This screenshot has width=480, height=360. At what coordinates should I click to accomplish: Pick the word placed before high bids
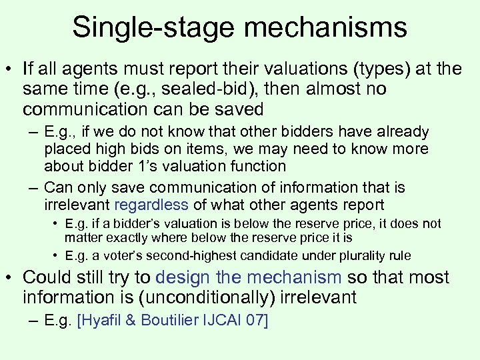[65, 149]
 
